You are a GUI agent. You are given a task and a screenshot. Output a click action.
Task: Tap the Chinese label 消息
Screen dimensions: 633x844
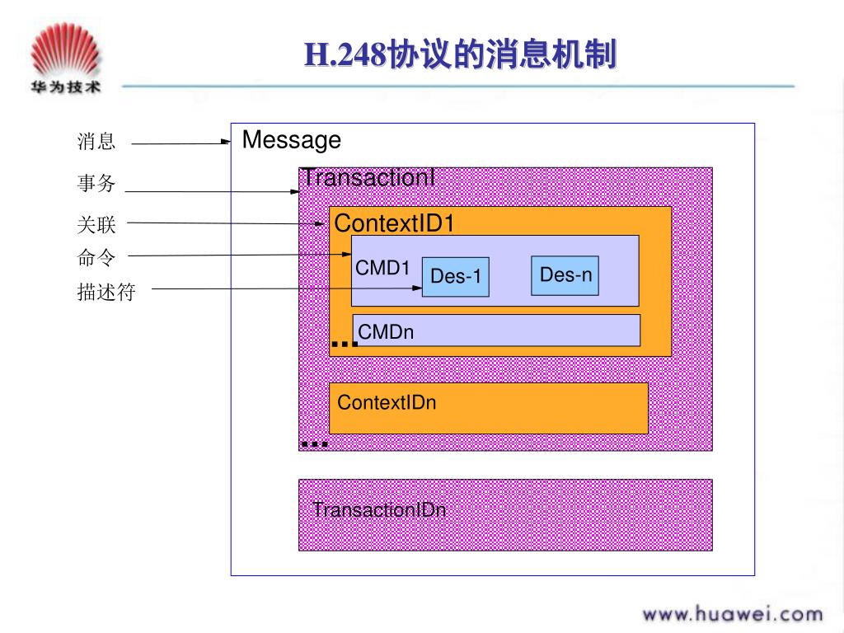coord(96,142)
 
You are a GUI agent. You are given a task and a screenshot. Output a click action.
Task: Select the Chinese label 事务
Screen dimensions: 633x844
coord(96,184)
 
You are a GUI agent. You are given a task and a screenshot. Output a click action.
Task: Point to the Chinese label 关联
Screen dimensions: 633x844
coord(96,224)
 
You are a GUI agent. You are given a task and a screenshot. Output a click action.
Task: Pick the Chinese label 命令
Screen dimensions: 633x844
coord(96,257)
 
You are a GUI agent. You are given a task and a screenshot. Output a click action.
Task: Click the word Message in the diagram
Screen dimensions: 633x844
coord(291,140)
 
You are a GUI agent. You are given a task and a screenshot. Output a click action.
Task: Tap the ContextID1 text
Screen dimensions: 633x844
coord(394,223)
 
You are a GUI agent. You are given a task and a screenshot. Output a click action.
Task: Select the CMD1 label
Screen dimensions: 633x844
coord(382,268)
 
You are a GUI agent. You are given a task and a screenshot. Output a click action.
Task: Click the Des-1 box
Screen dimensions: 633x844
coord(456,277)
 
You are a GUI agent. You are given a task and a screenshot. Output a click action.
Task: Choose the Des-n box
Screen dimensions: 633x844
coord(565,275)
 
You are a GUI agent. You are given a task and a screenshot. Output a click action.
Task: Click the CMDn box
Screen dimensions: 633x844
coord(496,331)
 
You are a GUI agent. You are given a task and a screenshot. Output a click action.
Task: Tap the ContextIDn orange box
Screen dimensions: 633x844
coord(488,407)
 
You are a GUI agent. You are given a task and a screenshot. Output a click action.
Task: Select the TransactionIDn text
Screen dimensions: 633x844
coord(379,509)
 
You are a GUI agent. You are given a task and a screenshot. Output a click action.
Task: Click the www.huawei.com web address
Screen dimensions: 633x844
coord(733,613)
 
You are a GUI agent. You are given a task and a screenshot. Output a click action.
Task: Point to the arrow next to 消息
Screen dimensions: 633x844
coord(181,143)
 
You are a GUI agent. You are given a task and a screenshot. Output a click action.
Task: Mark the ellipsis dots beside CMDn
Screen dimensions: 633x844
coord(344,343)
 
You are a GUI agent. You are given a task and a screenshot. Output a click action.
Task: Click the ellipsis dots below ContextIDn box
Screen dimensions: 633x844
coord(315,443)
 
